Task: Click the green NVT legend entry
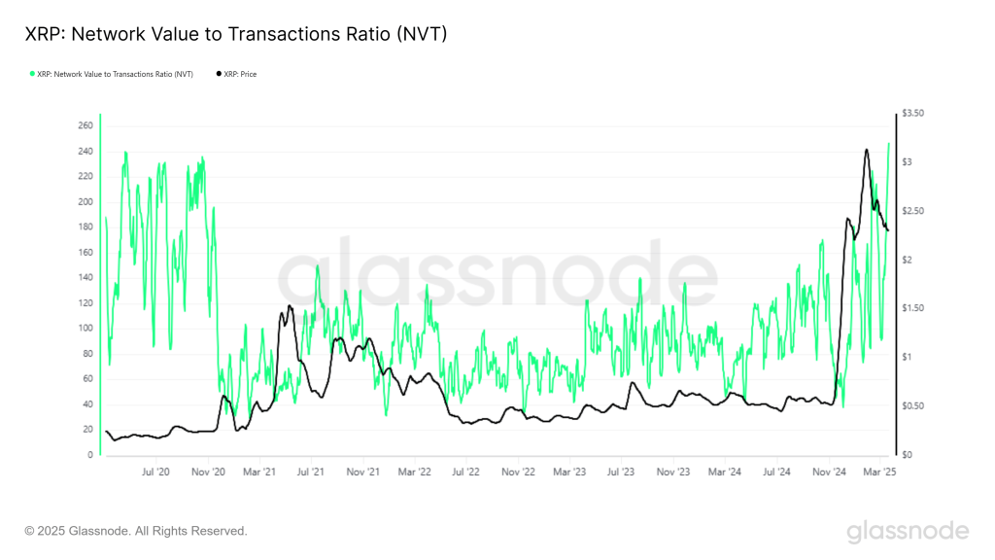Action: click(112, 74)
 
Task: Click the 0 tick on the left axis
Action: click(89, 455)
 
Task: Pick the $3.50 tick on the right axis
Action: click(913, 114)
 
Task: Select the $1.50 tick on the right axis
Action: click(913, 308)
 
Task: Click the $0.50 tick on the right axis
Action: click(913, 406)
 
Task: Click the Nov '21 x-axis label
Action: click(362, 472)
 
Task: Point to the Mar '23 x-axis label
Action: click(568, 472)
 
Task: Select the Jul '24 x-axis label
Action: click(776, 472)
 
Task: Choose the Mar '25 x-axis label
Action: click(879, 472)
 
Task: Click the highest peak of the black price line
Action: click(866, 150)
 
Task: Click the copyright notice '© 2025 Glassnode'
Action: click(136, 531)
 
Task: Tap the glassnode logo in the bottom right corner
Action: click(907, 531)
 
